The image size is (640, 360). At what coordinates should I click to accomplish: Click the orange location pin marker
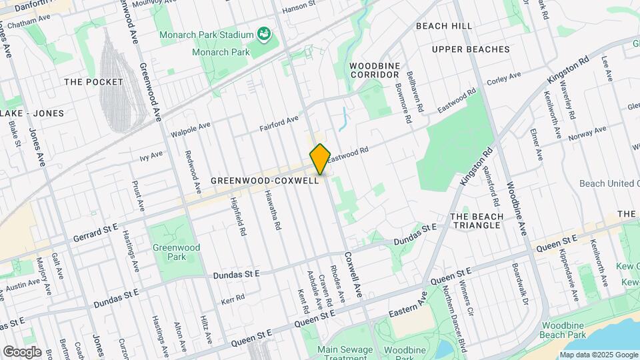[x=320, y=159]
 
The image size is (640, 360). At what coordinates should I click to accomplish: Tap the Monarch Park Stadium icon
[x=264, y=34]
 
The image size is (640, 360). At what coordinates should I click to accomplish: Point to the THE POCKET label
[x=94, y=82]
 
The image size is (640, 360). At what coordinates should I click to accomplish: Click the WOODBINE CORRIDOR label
[x=375, y=70]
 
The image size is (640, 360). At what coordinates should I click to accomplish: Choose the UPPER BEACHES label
[x=470, y=49]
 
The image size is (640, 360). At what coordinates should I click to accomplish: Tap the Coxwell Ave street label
[x=353, y=273]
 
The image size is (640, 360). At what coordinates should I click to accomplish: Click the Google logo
[x=22, y=352]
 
